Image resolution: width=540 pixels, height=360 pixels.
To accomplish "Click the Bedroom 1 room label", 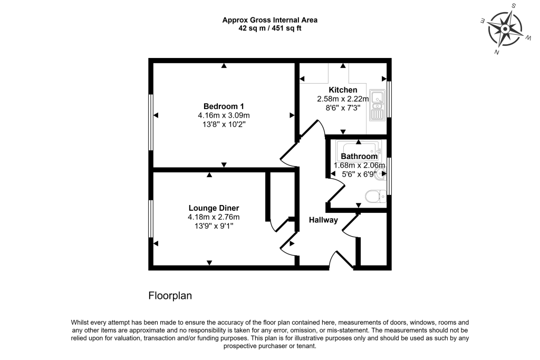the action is (x=224, y=106).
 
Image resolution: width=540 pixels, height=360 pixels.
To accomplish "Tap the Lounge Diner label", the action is (x=214, y=208).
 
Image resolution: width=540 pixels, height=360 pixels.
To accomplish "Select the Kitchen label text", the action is (x=343, y=90).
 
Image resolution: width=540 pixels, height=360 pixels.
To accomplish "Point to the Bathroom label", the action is (x=359, y=156).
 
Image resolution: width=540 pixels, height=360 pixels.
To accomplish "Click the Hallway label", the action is (x=323, y=220).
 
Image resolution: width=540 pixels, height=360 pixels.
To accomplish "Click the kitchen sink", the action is (x=377, y=105).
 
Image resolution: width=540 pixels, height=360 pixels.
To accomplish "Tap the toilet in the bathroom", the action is (x=375, y=196).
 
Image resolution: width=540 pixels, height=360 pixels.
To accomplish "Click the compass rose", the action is (x=505, y=29).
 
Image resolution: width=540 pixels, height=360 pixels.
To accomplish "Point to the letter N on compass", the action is (x=497, y=52).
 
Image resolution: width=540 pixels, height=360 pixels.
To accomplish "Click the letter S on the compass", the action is (x=514, y=5).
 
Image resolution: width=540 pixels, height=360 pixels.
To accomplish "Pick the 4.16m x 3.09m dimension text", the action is (x=224, y=115).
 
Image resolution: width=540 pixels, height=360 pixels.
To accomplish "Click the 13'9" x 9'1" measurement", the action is (x=214, y=226).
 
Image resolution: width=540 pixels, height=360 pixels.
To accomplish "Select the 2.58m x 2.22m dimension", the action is (x=343, y=99).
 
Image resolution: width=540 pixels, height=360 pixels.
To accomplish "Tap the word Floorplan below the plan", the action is (x=170, y=296).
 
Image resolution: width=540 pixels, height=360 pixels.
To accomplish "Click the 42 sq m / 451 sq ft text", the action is (x=270, y=28).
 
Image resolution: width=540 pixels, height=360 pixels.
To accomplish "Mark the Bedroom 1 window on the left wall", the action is (x=150, y=122).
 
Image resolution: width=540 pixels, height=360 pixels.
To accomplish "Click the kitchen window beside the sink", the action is (x=389, y=99).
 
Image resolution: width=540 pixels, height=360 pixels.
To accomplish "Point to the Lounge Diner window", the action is (x=150, y=219).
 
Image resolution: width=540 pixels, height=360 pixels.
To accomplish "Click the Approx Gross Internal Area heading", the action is (x=270, y=20).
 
